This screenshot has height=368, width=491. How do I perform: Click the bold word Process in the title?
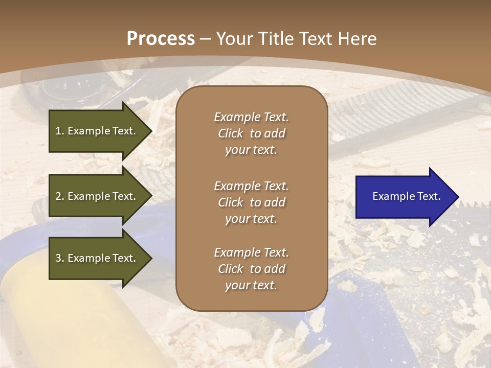(x=161, y=39)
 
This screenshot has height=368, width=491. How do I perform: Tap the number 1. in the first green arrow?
(x=60, y=131)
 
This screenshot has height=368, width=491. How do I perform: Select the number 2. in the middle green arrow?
(x=60, y=196)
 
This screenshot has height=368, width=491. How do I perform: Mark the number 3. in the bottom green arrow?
(x=60, y=258)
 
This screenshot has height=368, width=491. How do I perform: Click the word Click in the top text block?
(x=231, y=133)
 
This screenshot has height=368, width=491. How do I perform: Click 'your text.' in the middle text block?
(x=251, y=219)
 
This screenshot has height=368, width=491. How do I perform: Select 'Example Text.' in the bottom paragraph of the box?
(x=251, y=252)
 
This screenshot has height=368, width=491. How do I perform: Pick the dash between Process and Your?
(x=205, y=39)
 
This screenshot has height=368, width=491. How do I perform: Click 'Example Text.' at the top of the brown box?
(x=251, y=117)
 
